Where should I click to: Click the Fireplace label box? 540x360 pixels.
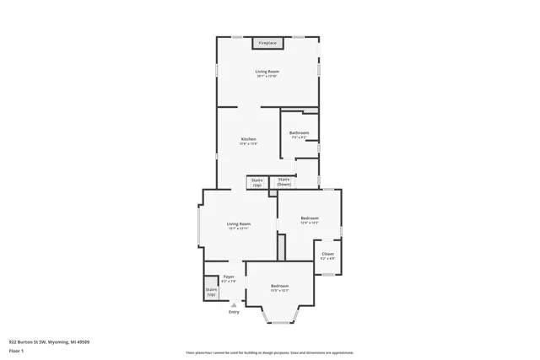click(267, 42)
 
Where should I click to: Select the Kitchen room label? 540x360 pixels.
click(248, 139)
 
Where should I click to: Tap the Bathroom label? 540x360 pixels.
click(300, 133)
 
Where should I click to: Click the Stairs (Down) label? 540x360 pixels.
click(283, 181)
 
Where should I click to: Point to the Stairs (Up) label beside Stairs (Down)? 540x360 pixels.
click(257, 181)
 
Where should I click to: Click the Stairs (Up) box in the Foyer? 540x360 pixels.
click(211, 292)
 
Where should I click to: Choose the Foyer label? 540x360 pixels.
click(228, 277)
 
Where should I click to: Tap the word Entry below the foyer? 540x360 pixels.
click(234, 312)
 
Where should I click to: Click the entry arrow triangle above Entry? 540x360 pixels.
click(234, 304)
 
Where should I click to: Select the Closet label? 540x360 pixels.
click(327, 253)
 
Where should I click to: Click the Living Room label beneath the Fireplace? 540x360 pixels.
click(267, 71)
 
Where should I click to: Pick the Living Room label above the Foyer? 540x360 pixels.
click(238, 223)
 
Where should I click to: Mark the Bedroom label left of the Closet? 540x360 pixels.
click(310, 218)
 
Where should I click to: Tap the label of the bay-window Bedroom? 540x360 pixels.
click(280, 286)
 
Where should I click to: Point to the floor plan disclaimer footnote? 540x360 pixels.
click(270, 352)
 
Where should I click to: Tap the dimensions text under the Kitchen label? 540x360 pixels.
click(248, 144)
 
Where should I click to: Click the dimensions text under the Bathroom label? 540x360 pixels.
click(300, 138)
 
